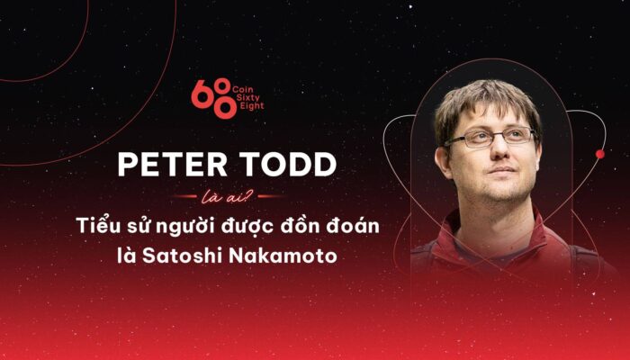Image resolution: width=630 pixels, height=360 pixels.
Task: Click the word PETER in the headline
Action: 173,165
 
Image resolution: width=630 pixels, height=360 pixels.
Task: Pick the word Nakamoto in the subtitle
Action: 283,256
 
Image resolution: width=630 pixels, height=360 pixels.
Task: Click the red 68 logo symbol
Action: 214,98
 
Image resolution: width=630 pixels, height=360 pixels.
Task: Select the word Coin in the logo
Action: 243,89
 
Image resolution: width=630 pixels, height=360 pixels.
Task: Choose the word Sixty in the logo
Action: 247,97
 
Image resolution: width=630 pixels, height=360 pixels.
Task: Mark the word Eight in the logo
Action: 250,106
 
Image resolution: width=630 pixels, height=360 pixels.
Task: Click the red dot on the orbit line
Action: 600,154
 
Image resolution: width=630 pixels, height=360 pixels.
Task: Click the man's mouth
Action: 502,170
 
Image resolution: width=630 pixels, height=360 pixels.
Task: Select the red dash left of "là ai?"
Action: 184,196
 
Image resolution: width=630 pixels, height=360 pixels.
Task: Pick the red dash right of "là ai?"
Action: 270,196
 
